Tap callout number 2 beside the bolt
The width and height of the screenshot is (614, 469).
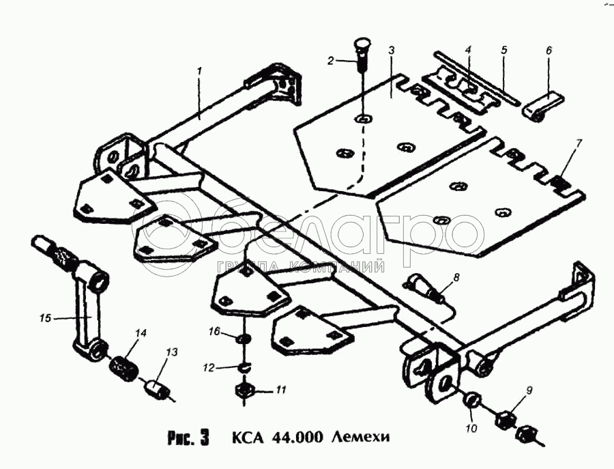point(331,61)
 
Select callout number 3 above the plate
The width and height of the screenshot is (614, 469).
point(392,51)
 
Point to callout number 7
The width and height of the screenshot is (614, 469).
point(579,143)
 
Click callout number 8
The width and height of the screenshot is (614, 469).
point(456,277)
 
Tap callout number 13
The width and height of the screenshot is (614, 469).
point(171,352)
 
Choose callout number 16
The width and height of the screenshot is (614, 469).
point(214,331)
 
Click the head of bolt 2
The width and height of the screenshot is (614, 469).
point(362,47)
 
